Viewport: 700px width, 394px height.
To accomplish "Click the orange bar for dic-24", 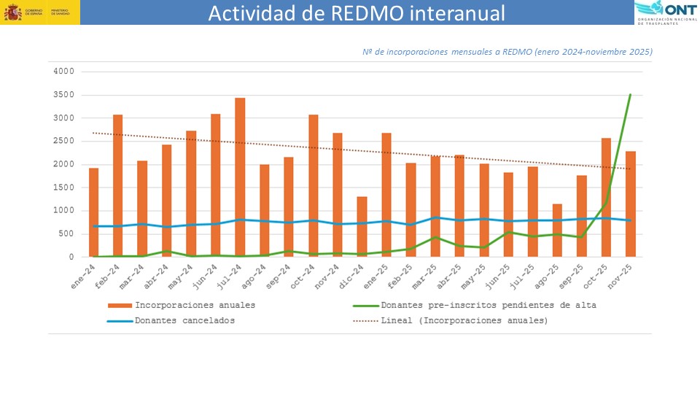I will (x=362, y=226).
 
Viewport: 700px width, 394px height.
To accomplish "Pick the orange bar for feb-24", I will (x=118, y=185).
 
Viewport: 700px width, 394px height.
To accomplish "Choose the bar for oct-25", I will (x=606, y=197).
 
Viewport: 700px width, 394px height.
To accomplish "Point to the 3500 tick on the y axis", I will (x=64, y=95).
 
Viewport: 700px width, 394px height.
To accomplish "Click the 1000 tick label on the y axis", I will (x=64, y=211).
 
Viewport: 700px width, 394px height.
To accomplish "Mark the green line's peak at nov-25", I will (x=630, y=95).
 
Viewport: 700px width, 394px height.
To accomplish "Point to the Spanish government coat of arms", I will (x=13, y=12).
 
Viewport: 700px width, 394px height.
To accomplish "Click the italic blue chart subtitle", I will (x=507, y=52).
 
